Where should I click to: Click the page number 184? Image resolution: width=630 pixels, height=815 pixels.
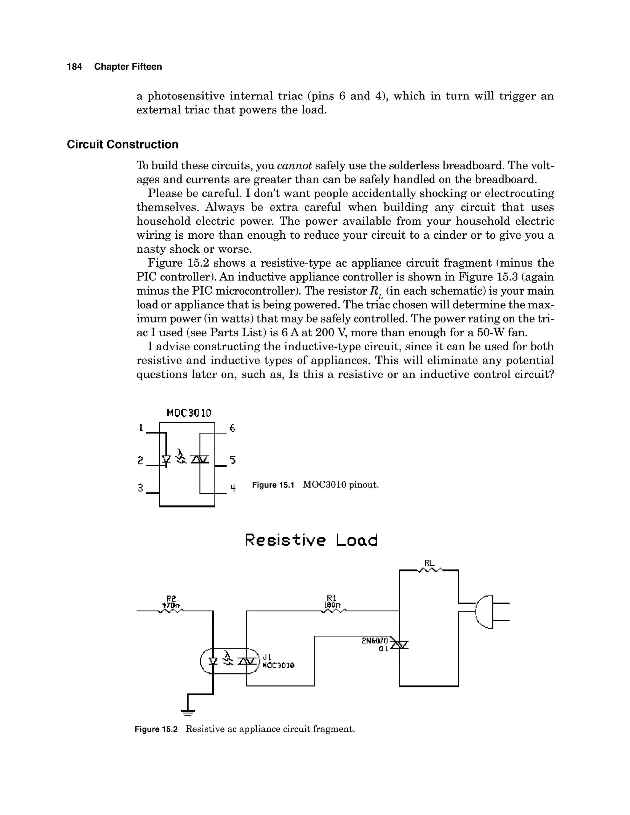tap(74, 67)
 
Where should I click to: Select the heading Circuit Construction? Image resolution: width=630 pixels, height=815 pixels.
tap(122, 145)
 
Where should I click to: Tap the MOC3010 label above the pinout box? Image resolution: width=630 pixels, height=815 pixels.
tap(189, 413)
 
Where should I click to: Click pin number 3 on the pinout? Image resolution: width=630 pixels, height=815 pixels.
tap(140, 488)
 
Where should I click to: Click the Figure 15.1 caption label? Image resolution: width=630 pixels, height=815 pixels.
tap(273, 485)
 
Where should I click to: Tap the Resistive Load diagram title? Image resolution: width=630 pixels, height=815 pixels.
tap(312, 540)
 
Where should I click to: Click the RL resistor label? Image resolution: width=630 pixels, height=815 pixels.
tap(429, 563)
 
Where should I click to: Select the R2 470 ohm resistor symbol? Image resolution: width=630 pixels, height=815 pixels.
tap(171, 611)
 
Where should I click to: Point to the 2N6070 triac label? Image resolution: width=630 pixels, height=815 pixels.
tap(375, 641)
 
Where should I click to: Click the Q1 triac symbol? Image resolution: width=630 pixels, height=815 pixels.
tap(400, 644)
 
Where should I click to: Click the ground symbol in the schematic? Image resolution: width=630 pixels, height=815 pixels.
tap(188, 713)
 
